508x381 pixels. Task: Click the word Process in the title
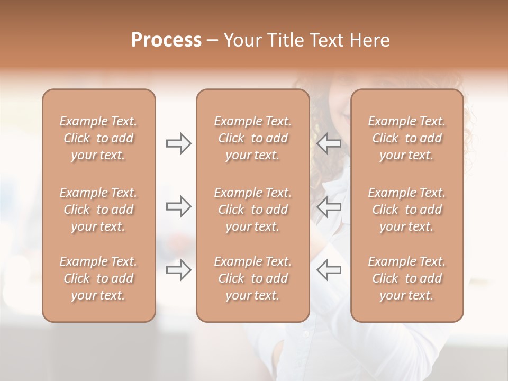tap(166, 40)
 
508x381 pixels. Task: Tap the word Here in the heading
tap(369, 40)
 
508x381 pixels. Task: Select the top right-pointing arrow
tap(179, 143)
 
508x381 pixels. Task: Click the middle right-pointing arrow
tap(179, 206)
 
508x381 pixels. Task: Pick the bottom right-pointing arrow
tap(179, 270)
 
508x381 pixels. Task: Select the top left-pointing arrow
tap(329, 143)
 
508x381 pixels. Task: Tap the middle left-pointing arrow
tap(329, 206)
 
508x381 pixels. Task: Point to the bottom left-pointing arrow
tap(329, 270)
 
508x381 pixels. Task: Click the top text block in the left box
tap(98, 138)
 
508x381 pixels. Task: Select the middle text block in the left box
tap(98, 210)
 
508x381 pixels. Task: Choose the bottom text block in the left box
tap(98, 278)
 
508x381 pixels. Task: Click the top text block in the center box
tap(253, 138)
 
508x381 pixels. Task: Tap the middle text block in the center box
tap(253, 210)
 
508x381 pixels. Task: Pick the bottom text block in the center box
tap(253, 278)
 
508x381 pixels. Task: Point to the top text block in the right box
tap(407, 138)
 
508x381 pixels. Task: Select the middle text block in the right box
tap(407, 210)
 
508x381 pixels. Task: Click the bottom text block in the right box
tap(407, 278)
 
